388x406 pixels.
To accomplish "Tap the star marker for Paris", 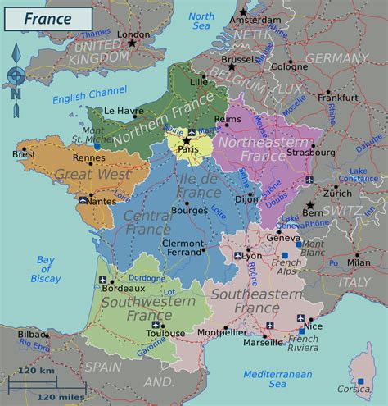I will pyautogui.click(x=187, y=140).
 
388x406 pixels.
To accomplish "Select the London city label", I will pyautogui.click(x=134, y=34).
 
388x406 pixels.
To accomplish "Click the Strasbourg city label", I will pyautogui.click(x=311, y=152).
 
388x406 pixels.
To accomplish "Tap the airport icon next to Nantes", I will pyautogui.click(x=83, y=199).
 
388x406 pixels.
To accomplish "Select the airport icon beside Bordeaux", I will pyautogui.click(x=102, y=281).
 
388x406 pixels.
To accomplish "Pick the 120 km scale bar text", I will pyautogui.click(x=36, y=371).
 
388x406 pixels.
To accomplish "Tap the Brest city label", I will pyautogui.click(x=24, y=153).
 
